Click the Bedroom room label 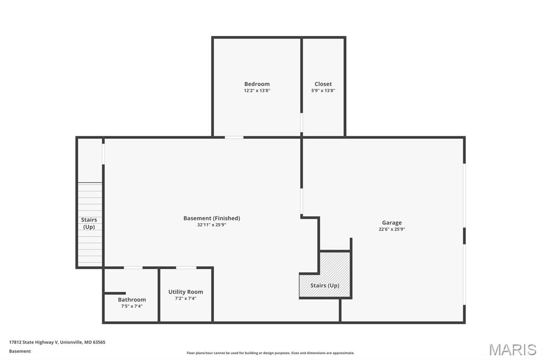(x=257, y=84)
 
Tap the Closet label (x=323, y=84)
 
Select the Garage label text (x=391, y=223)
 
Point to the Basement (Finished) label (x=211, y=219)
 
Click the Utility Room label (x=185, y=292)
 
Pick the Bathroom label (x=132, y=300)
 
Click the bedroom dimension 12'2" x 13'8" (x=257, y=91)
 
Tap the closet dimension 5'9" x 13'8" (x=323, y=91)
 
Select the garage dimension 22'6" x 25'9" (x=391, y=229)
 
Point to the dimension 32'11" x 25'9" (x=211, y=225)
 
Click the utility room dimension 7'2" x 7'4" (x=185, y=299)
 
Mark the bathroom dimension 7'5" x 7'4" (x=132, y=306)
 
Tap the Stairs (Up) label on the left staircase (x=89, y=223)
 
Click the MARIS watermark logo (x=512, y=349)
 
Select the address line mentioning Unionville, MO (x=57, y=342)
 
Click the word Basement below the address (x=20, y=351)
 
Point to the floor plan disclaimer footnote (x=270, y=353)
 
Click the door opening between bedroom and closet (x=302, y=123)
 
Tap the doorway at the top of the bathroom (x=133, y=268)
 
